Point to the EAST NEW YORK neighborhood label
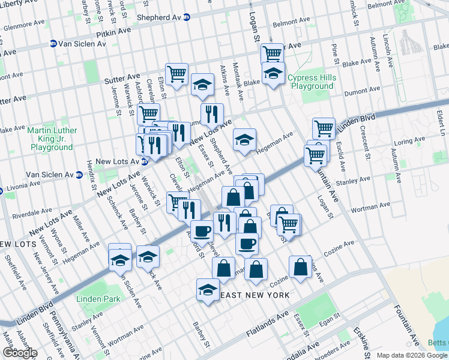coord(255,295)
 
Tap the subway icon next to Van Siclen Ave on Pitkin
coord(53,43)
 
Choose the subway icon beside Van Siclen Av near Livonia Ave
coord(79,175)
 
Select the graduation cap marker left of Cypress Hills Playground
coord(273,74)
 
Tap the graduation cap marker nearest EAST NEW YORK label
coord(208,290)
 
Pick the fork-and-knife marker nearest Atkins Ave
coord(212,113)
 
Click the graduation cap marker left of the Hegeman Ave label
coord(244,139)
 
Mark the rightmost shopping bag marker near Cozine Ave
coord(300,266)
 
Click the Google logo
coord(20,352)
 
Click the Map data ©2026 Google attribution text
coord(412,355)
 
